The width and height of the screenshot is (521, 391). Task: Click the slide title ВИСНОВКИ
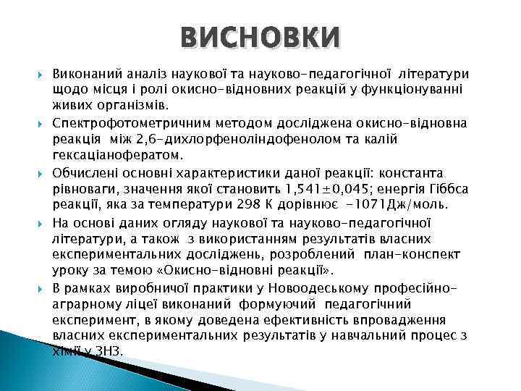260,37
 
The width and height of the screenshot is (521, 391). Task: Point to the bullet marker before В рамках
41,288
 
